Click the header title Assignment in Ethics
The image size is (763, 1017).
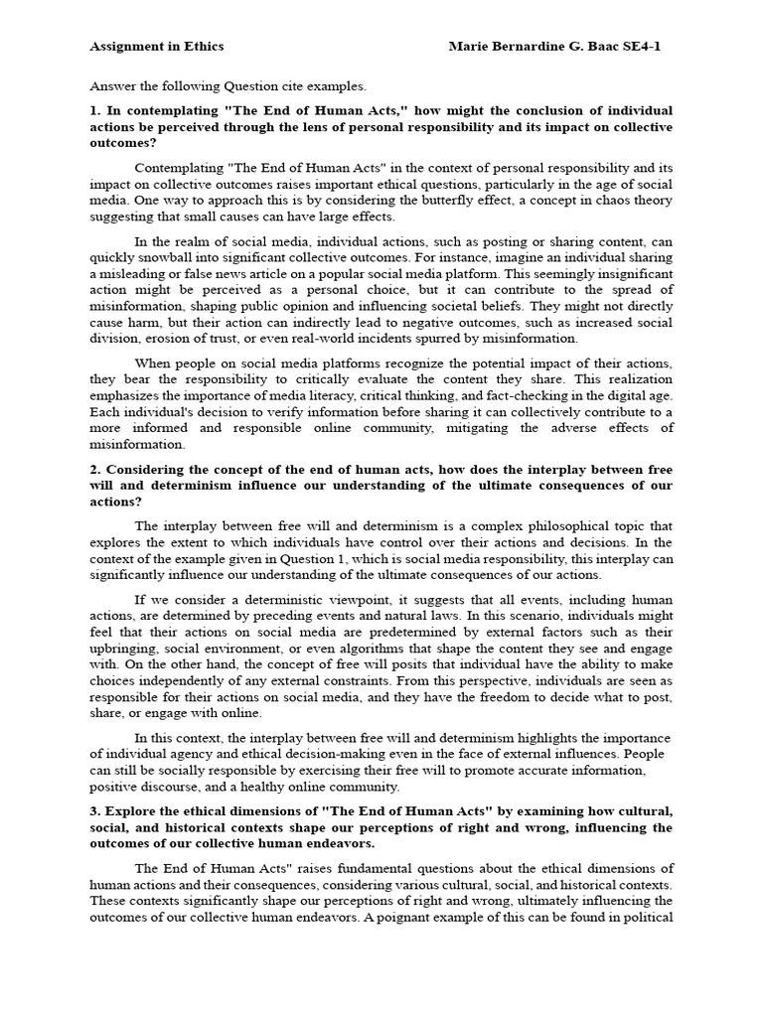157,46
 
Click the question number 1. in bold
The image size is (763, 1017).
95,110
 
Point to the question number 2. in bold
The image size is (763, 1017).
95,469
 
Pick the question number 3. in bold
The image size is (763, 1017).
95,810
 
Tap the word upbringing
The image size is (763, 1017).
121,648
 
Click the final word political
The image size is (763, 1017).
649,917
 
